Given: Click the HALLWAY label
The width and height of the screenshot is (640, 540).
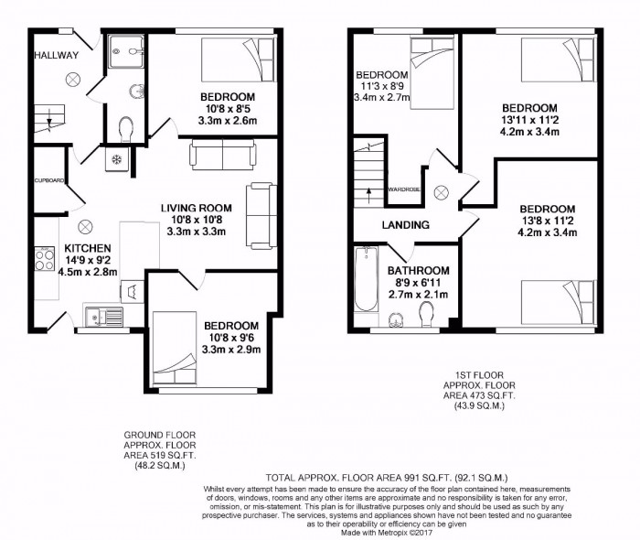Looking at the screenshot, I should [57, 56].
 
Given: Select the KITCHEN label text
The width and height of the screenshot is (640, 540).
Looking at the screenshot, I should [88, 248].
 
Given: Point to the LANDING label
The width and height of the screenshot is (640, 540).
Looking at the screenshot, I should [406, 224].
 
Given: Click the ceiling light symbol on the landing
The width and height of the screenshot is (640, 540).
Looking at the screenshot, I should [441, 192].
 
